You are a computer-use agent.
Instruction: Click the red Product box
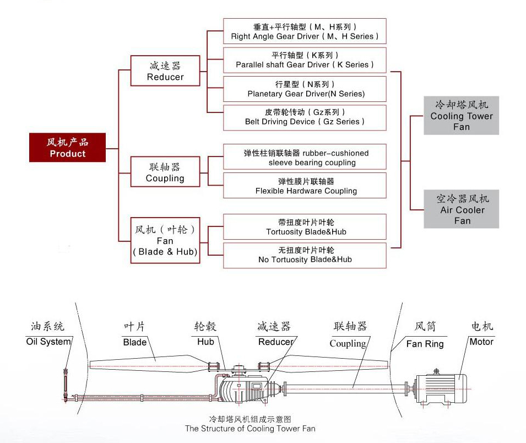coord(67,148)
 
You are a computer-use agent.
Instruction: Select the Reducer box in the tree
coord(165,72)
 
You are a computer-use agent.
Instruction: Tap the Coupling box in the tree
coord(165,172)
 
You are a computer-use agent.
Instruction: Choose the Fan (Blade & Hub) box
coord(165,241)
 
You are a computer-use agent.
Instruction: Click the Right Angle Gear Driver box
coord(305,31)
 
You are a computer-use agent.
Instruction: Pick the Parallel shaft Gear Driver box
coord(305,60)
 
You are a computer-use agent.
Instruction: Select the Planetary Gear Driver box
coord(305,89)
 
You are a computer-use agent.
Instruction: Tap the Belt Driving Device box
coord(305,117)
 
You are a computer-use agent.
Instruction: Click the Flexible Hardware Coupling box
coord(305,186)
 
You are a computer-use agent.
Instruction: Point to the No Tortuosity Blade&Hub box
coord(305,255)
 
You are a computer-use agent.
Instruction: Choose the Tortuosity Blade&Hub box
coord(305,227)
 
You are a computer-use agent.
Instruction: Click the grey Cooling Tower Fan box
coord(462,116)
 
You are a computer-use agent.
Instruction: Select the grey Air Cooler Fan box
coord(462,209)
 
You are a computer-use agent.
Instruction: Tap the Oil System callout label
coord(48,342)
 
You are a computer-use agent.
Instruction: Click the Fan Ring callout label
coord(425,344)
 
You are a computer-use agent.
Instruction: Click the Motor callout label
coord(481,342)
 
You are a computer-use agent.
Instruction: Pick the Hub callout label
coord(205,342)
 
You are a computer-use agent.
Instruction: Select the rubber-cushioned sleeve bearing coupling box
coord(305,158)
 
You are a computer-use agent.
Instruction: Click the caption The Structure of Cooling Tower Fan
coord(250,428)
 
